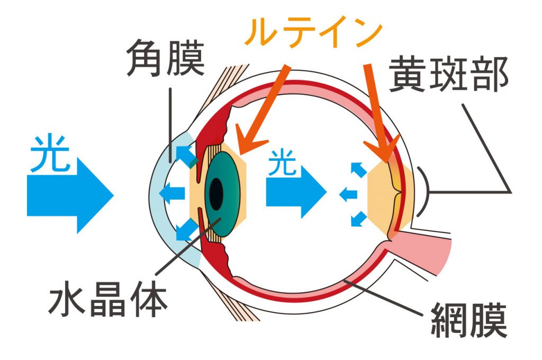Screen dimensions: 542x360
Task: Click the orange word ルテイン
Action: click(x=313, y=33)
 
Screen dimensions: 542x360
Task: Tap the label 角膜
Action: click(x=165, y=57)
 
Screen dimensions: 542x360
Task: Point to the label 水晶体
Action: click(x=109, y=300)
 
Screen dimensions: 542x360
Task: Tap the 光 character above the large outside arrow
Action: click(x=50, y=153)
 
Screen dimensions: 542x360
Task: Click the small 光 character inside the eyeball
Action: click(x=283, y=162)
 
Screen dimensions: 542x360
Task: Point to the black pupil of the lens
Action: click(x=216, y=194)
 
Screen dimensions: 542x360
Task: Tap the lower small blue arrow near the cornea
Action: click(x=187, y=229)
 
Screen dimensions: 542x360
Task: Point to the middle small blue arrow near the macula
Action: click(x=348, y=194)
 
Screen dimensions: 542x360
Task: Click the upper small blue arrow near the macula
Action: click(x=359, y=169)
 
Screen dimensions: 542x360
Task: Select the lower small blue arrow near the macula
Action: click(x=359, y=219)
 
